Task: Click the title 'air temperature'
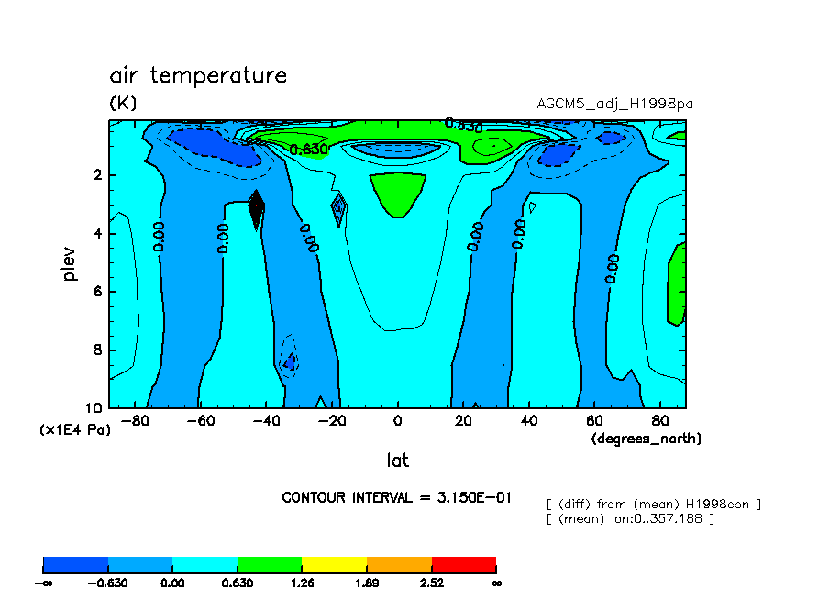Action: coord(198,76)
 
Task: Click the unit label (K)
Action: coord(123,104)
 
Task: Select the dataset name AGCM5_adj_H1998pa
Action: coord(614,104)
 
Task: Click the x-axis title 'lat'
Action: coord(397,460)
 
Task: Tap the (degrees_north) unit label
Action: coord(646,439)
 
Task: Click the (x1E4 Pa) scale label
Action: coord(74,428)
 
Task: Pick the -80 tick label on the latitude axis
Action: coord(136,421)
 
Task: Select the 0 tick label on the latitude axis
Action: coord(397,421)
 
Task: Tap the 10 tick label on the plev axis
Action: coord(94,408)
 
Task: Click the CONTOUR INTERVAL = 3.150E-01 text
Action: coord(397,497)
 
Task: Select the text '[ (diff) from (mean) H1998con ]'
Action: coord(653,504)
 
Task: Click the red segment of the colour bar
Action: coord(463,564)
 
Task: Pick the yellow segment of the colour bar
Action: coord(334,564)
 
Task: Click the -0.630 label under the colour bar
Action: coord(108,583)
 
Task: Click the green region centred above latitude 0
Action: coord(398,191)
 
